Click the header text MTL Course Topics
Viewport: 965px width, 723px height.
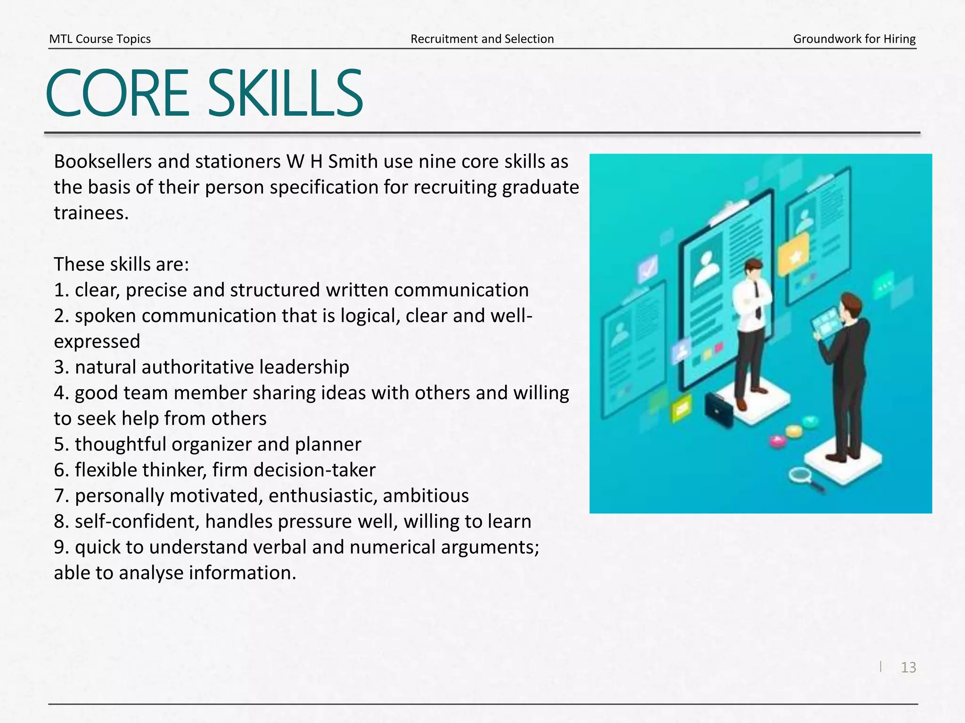(100, 39)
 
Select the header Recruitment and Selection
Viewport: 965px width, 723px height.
(482, 39)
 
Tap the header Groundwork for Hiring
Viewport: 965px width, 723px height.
(854, 39)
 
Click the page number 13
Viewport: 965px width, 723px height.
(908, 667)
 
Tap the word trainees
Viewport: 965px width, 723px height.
(91, 213)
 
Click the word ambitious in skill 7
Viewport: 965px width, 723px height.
(426, 496)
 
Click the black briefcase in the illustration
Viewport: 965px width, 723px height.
(719, 410)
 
